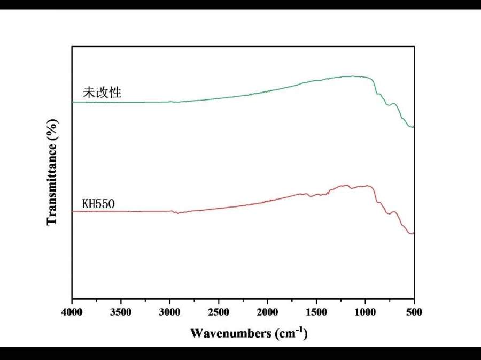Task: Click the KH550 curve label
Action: tap(99, 204)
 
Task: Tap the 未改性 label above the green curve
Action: tap(102, 93)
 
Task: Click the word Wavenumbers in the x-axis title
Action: tap(230, 334)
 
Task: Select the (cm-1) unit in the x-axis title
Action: tap(291, 333)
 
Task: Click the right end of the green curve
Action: tap(414, 127)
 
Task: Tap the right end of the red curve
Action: tap(414, 234)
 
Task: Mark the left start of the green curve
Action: tap(73, 102)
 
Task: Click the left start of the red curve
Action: tap(73, 211)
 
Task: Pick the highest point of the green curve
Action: tap(353, 76)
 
